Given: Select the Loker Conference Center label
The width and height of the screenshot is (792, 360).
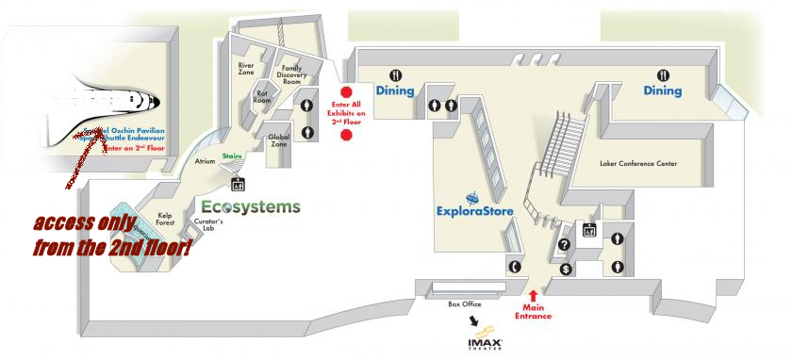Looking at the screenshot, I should point(638,163).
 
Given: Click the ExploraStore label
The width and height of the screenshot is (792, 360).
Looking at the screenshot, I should point(475,211).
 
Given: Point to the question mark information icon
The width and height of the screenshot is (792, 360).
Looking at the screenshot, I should point(565,245).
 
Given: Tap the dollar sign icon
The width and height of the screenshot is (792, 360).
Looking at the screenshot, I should point(566,269).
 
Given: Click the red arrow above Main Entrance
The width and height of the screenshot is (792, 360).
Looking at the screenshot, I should point(533,296).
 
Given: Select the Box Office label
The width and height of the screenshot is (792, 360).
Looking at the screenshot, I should point(466,304).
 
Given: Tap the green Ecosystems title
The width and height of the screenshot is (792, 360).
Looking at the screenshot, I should point(251,206).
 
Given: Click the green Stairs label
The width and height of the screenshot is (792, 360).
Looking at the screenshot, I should point(233,155).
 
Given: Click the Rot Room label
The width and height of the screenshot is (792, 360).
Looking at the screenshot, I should point(262,96).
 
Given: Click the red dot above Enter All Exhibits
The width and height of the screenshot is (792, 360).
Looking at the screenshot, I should point(346,92).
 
